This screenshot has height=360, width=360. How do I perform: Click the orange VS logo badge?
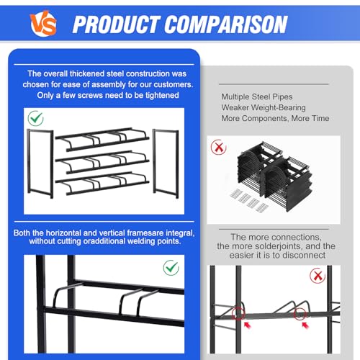point(43,23)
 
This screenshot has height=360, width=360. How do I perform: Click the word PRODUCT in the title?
point(116,24)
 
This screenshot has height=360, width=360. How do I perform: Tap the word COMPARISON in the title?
point(226,24)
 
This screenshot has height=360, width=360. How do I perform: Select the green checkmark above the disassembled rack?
point(35,118)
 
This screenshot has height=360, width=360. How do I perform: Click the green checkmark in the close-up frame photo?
point(171,268)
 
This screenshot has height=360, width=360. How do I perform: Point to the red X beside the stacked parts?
point(218,147)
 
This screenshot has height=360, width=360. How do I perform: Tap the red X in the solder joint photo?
point(318,276)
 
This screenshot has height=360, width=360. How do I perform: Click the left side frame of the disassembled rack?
point(40,163)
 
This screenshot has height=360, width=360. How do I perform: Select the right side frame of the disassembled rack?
point(166,163)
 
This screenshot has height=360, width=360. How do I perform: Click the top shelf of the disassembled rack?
point(102,139)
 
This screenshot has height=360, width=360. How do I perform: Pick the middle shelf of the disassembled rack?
point(102,162)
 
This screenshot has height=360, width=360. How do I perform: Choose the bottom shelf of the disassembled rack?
point(102,183)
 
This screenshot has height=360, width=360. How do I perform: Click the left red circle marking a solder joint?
point(238,313)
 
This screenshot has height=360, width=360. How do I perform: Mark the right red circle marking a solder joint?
point(300,313)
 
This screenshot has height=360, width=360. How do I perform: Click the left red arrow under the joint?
point(248,325)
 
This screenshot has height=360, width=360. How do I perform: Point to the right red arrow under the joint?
point(305,325)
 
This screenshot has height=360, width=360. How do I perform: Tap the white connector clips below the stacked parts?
point(249,201)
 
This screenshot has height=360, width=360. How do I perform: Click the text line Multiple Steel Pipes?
point(257,96)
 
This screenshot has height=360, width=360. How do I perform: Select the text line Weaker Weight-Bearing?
point(264,107)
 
